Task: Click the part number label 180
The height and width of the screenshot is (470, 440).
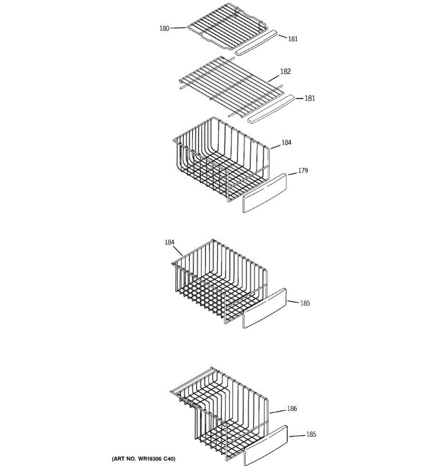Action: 164,28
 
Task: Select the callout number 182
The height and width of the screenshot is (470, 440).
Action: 286,72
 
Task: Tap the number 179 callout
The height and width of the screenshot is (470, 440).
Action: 303,171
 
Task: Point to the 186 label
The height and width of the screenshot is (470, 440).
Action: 292,409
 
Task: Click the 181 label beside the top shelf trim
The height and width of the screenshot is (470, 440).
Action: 293,39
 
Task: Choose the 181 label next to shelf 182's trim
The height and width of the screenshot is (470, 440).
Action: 309,98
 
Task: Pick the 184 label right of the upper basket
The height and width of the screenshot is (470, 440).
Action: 287,143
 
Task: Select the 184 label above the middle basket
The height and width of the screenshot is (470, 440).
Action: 169,243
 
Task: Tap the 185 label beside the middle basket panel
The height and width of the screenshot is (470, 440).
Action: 305,303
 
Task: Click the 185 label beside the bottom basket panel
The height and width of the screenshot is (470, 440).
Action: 311,434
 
